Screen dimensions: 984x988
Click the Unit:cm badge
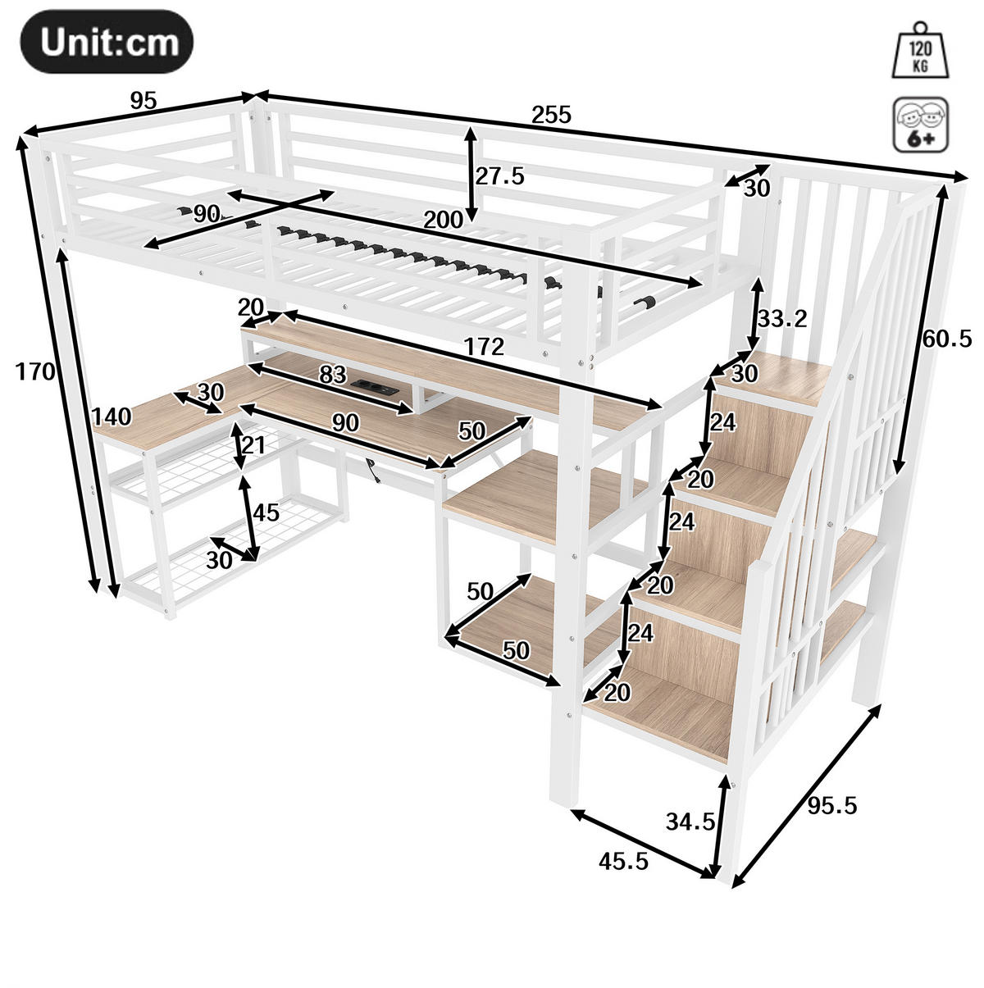[107, 42]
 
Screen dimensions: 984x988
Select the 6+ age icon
[921, 125]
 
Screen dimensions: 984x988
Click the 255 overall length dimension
[551, 115]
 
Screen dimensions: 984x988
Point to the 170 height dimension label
[35, 371]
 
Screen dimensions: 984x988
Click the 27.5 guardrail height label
[500, 176]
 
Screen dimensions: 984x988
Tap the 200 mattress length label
[444, 221]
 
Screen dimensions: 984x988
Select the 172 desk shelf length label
[484, 347]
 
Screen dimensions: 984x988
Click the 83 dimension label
[333, 375]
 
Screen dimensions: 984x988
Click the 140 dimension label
[112, 417]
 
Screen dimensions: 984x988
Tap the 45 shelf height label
[266, 512]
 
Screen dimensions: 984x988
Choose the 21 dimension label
[254, 445]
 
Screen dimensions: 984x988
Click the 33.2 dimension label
[782, 319]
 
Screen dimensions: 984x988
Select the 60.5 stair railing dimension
[947, 339]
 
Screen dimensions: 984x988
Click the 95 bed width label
[143, 101]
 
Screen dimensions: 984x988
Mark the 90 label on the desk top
[345, 423]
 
